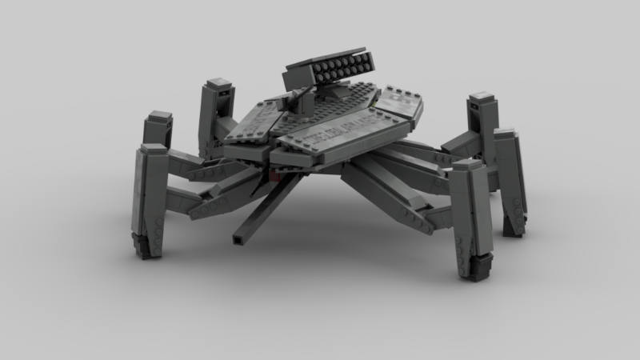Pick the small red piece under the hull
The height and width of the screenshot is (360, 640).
click(274, 174)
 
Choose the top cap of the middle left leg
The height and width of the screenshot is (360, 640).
click(158, 120)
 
